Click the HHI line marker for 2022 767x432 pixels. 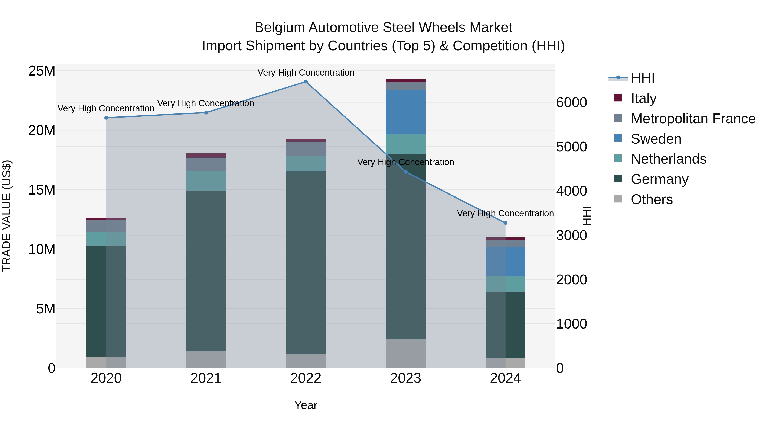pos(306,82)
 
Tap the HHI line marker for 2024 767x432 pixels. pos(505,223)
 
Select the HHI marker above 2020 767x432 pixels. pos(106,118)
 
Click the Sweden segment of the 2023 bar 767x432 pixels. pos(405,112)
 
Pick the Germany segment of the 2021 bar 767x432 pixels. pos(206,271)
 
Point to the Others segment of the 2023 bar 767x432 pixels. pos(405,353)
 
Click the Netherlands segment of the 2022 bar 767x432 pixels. pos(306,163)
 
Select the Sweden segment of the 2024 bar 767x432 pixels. pos(505,262)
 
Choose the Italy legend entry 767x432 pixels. pos(643,98)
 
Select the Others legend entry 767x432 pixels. pos(652,199)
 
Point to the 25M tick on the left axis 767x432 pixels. pos(42,71)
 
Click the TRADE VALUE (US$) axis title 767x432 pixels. pos(7,216)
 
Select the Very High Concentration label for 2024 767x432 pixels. pos(505,214)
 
